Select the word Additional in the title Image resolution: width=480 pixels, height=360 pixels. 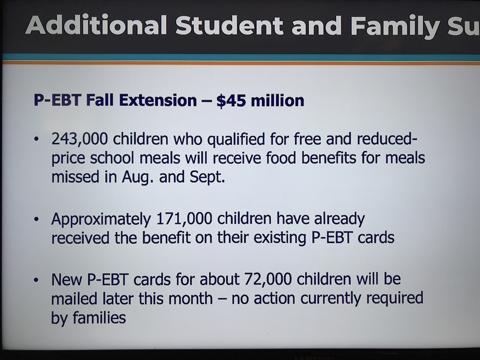pos(96,25)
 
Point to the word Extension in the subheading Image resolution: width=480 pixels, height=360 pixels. pos(158,100)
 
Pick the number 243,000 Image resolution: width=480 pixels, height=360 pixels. pos(80,139)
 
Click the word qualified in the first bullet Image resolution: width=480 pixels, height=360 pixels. pos(236,140)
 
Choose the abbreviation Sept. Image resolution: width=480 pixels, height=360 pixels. pos(207,177)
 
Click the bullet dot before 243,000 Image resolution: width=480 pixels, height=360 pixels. pos(36,139)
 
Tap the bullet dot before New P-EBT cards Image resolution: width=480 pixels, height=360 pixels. pos(36,280)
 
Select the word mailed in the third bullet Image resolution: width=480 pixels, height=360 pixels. pos(74,298)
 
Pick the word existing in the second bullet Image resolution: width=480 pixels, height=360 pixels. pos(280,238)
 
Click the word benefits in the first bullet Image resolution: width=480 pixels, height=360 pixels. pos(329,158)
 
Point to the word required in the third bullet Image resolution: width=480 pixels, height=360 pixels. pos(395,299)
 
